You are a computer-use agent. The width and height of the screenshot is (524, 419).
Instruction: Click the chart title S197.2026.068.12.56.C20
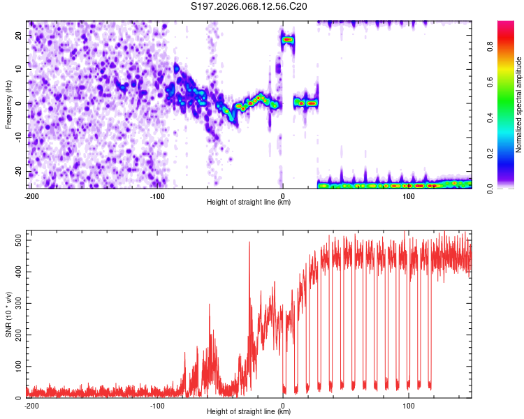pos(249,7)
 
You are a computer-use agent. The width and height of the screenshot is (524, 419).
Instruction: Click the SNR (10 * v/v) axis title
pos(9,315)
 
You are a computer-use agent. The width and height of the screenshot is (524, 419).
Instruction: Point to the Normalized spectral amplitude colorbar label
pos(519,105)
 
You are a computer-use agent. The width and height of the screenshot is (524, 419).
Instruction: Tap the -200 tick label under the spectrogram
pos(31,196)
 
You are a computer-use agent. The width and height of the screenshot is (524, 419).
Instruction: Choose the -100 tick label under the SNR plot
pos(157,405)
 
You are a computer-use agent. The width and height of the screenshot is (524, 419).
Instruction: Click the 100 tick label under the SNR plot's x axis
pos(409,405)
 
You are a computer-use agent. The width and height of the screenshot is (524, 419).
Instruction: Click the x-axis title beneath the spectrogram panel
pos(249,203)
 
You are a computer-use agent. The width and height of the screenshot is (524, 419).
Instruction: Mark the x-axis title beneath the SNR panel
pos(249,412)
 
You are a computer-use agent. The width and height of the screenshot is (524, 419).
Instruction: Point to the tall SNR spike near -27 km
pos(249,244)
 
